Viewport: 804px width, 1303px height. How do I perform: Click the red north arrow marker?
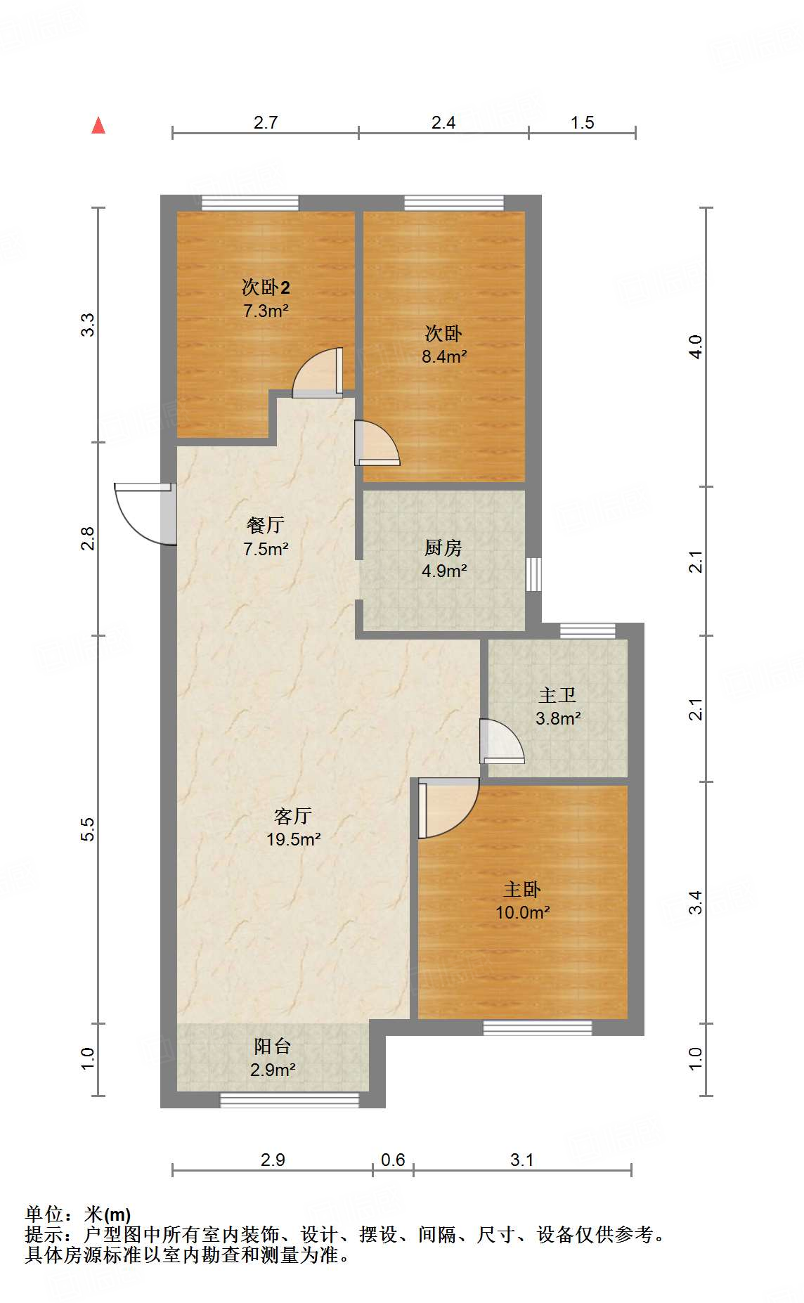[98, 126]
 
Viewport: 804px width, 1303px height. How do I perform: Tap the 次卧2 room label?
[266, 287]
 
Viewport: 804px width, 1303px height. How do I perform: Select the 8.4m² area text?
[444, 357]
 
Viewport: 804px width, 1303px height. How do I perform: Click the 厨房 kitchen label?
[443, 547]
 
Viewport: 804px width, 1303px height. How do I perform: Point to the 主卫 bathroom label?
[557, 696]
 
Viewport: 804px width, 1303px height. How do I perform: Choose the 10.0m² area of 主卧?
[522, 913]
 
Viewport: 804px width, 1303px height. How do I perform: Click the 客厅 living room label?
[293, 816]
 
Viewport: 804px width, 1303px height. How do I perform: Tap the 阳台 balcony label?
[272, 1046]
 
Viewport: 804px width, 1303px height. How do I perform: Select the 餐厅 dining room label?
[266, 525]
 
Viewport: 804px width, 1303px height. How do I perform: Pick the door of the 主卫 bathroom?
[500, 741]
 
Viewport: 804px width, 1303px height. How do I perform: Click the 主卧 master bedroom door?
[446, 808]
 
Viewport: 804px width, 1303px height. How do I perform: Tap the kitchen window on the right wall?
[534, 574]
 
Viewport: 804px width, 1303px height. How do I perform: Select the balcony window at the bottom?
[290, 1101]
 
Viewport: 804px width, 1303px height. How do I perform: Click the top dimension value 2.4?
[443, 123]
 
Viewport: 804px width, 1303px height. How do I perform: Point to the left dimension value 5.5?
[87, 829]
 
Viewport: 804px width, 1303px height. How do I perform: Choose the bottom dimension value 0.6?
[393, 1160]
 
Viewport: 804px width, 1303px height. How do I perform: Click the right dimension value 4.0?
[695, 347]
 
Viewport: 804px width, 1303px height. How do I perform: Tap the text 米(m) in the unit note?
[108, 1214]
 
